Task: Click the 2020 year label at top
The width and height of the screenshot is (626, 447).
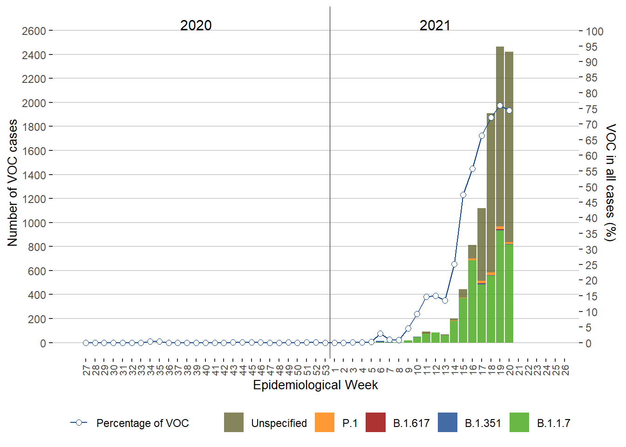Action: pos(196,25)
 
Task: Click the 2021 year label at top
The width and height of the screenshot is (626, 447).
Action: pos(435,25)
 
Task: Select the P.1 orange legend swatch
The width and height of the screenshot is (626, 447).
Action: pos(325,422)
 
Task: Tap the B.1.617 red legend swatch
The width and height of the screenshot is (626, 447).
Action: pos(375,422)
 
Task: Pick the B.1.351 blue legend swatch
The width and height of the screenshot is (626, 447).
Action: pos(448,422)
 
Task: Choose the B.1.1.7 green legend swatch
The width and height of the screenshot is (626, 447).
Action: pos(519,422)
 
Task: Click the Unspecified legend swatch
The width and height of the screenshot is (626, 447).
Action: pos(234,422)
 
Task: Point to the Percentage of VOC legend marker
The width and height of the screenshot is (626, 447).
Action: pos(79,423)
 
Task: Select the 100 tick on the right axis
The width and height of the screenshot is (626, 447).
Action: pos(594,32)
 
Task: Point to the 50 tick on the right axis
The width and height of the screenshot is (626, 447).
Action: pos(592,187)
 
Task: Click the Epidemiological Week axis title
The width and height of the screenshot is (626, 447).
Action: pos(315,385)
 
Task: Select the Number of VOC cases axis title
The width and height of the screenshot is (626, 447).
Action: pos(13,183)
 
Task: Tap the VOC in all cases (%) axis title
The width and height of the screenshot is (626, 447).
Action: pos(610,183)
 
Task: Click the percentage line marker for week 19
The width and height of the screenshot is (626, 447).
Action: pos(500,106)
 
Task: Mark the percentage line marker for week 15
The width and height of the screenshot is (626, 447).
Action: pos(463,195)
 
